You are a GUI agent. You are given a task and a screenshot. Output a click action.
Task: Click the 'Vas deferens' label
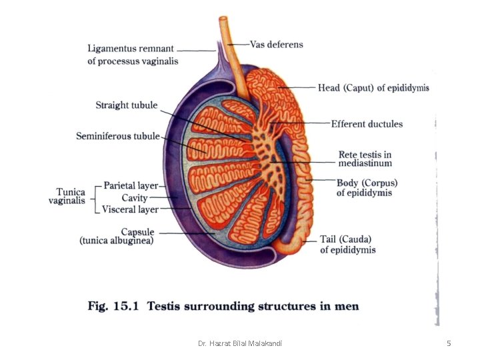pos(277,45)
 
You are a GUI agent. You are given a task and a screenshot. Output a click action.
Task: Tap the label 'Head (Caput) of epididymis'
pos(373,88)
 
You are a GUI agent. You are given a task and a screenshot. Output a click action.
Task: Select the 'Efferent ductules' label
pos(367,124)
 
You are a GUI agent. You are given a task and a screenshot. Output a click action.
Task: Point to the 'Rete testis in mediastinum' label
pos(365,159)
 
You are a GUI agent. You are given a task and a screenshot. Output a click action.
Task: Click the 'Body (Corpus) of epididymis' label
pos(367,187)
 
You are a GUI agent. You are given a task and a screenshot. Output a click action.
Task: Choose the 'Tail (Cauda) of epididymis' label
pos(348,245)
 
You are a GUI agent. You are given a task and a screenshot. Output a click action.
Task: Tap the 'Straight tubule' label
pos(127,105)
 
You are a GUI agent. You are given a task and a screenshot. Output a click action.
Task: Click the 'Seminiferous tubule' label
pos(118,136)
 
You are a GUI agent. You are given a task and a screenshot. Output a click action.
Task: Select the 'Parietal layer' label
pos(131,185)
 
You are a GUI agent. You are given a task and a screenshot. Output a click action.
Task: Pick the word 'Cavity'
pos(135,198)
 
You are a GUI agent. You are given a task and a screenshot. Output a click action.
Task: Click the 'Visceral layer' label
pos(130,209)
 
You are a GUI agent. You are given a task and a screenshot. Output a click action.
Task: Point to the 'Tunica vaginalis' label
pos(67,196)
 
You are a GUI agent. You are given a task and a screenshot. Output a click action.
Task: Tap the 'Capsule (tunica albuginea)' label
pos(117,236)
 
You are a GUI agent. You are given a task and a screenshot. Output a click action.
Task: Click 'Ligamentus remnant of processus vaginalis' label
pos(133,55)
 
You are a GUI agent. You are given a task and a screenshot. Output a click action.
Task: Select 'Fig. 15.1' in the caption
pos(113,306)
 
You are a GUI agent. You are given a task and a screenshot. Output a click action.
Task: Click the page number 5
pos(449,343)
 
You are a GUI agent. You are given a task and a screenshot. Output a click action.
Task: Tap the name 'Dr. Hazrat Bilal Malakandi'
pos(240,343)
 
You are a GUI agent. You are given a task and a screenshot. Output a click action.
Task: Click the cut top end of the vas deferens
pos(223,18)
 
